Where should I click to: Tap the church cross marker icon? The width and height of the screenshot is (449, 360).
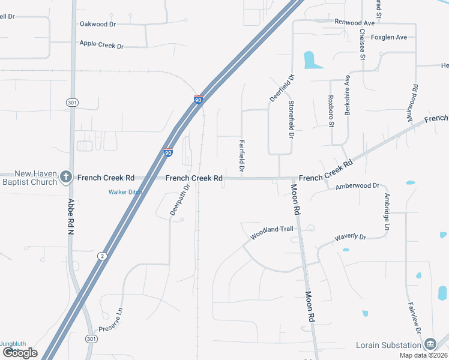click(66, 178)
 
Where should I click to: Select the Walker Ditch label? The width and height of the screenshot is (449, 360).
click(125, 192)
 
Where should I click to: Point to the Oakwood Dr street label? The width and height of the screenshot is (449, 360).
click(98, 24)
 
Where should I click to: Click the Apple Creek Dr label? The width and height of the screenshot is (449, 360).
click(101, 45)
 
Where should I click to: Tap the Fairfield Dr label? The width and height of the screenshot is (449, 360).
click(241, 157)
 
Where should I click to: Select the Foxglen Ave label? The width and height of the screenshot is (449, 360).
click(389, 37)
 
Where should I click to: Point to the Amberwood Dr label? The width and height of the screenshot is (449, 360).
click(358, 187)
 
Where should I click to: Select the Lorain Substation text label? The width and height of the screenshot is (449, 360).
click(388, 345)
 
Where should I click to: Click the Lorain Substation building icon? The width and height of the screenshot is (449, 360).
click(430, 344)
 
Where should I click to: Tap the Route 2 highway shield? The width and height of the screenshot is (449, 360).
click(103, 256)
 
